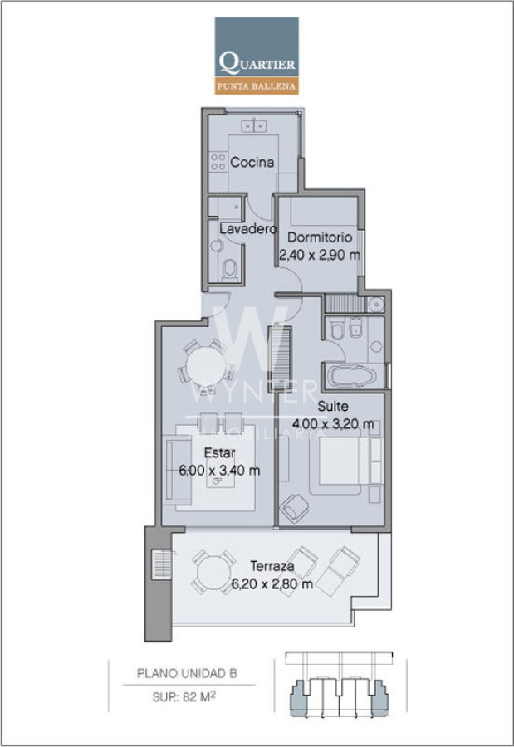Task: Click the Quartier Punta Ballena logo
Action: pos(257,56)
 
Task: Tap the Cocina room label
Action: pos(252,163)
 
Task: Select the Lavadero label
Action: pos(248,229)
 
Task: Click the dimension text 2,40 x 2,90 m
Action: pos(320,256)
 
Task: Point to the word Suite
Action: pos(333,407)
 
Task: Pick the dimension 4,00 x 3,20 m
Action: pos(333,423)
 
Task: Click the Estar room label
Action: pos(219,452)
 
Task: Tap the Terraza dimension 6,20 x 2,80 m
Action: pos(272,583)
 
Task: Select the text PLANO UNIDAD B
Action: pos(187,674)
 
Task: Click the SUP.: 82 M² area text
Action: pos(184,697)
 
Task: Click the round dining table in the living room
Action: pos(206,366)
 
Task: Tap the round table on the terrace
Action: pos(213,572)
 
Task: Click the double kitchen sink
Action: pos(253,126)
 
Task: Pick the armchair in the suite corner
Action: pos(294,508)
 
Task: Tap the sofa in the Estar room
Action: pos(178,471)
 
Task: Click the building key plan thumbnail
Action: pos(339,685)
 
